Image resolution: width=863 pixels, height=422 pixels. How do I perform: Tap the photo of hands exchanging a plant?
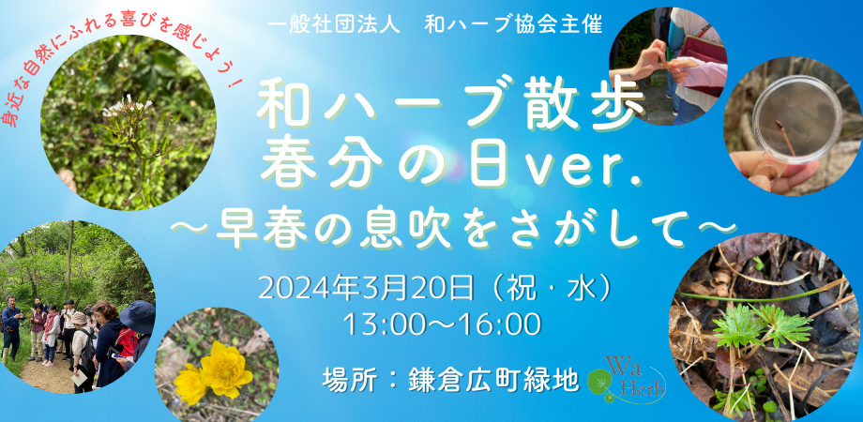point(668,62)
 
